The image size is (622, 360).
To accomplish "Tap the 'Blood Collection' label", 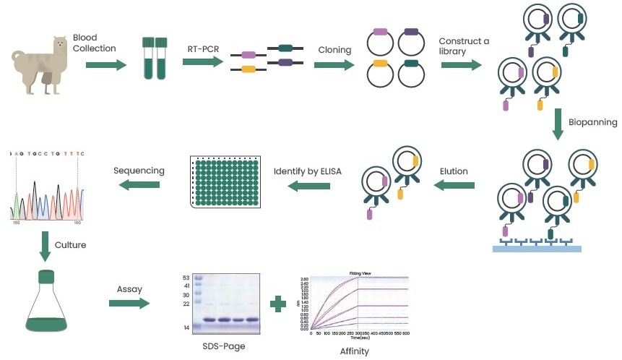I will tap(94, 43).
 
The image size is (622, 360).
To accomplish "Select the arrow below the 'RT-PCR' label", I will tap(202, 63).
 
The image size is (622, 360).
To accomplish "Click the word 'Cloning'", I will tap(334, 50).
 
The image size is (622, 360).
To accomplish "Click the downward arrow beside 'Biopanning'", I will tap(558, 124).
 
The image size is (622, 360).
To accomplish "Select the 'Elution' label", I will tap(454, 171).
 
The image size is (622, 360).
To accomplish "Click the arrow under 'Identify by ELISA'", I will tap(309, 187).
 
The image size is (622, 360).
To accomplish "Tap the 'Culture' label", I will tap(72, 244).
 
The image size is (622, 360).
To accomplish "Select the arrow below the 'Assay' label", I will tap(129, 302).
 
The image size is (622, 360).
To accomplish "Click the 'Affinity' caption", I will tap(354, 351).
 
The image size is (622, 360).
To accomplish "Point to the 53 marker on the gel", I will tap(186, 278).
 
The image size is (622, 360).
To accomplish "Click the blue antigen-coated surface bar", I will tap(537, 248).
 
